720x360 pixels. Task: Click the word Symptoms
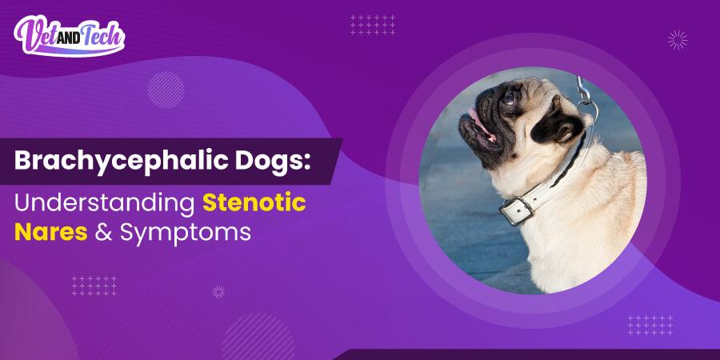[x=192, y=234]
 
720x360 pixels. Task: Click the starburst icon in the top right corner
[x=678, y=39]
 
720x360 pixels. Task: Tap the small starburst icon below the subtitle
[x=218, y=292]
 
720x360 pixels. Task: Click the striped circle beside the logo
[x=166, y=89]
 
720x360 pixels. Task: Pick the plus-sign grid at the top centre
[x=373, y=25]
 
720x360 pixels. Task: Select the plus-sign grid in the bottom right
[x=650, y=325]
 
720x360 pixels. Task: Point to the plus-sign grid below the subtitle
[x=94, y=286]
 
